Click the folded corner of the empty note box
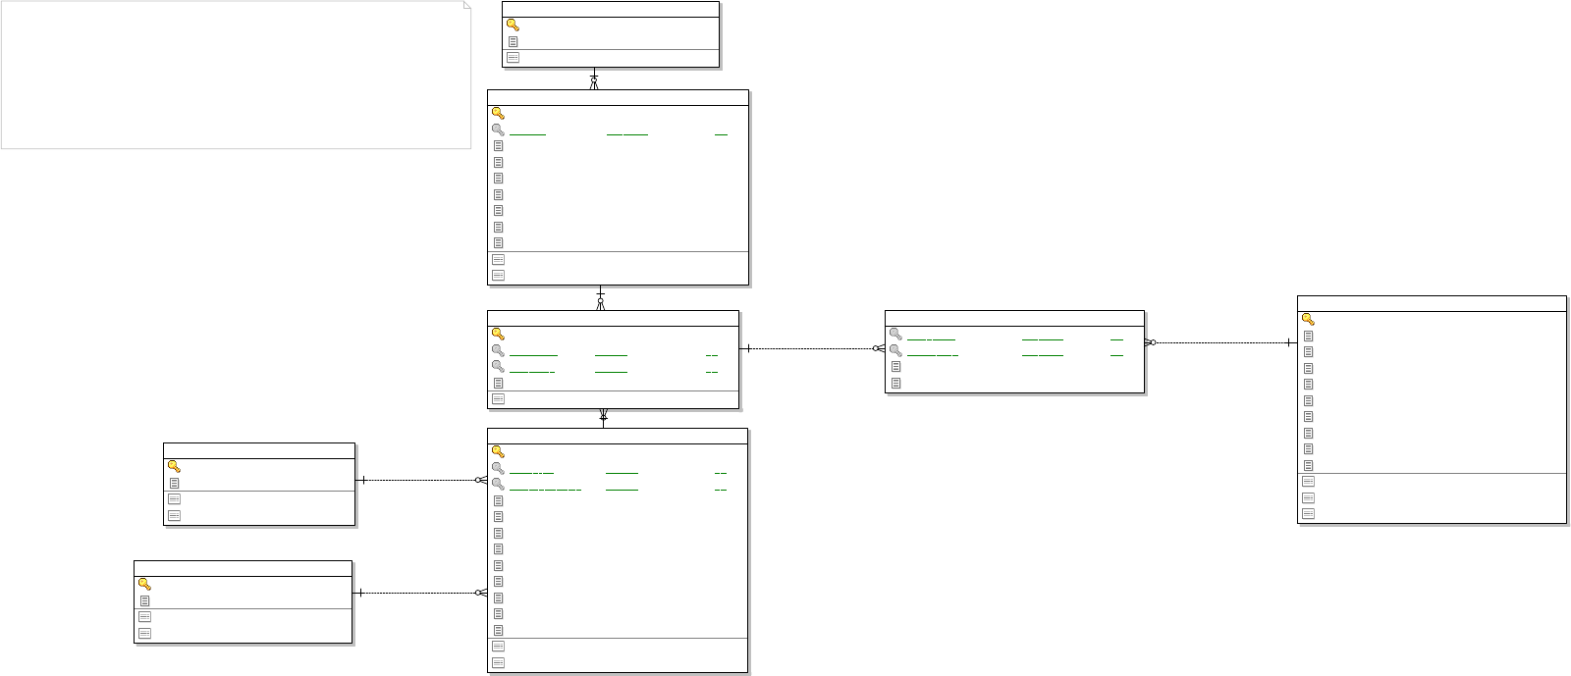(x=466, y=6)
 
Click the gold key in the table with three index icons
(x=1308, y=319)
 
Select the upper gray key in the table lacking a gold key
(x=895, y=334)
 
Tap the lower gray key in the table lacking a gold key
(x=895, y=350)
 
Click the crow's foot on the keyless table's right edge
(x=1150, y=342)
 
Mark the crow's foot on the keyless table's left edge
(x=879, y=348)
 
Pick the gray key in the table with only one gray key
(x=498, y=130)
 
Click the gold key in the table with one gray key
(x=498, y=113)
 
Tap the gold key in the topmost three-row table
(x=513, y=25)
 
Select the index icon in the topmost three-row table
(x=513, y=58)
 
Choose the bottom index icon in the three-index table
(x=1308, y=513)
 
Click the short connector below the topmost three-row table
(x=594, y=78)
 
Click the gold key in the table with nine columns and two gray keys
(x=498, y=451)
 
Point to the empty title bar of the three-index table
(x=1431, y=303)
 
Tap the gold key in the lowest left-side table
(x=144, y=584)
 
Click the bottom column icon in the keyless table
(x=895, y=383)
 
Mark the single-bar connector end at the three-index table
(x=1289, y=343)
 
